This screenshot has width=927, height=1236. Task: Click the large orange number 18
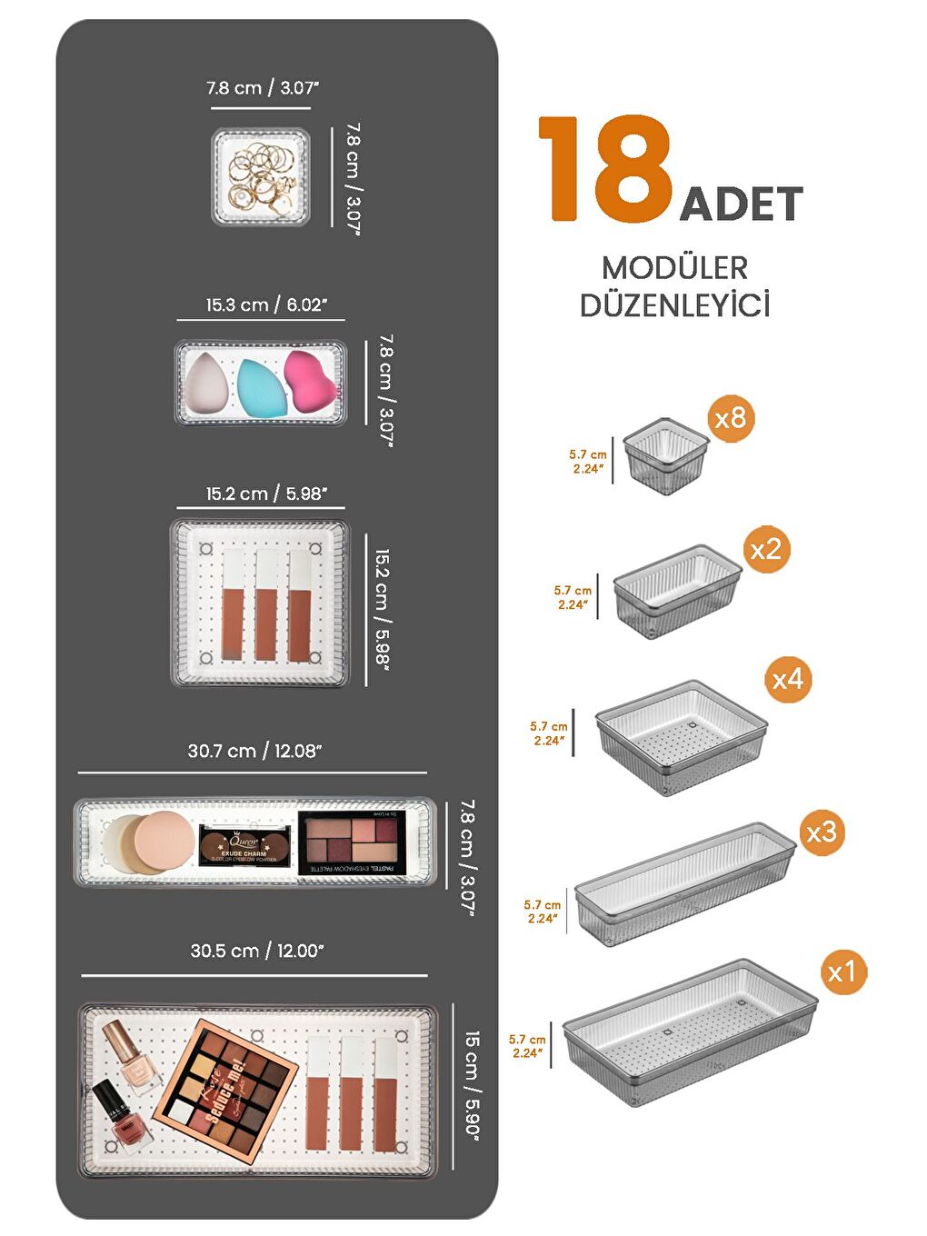pos(605,169)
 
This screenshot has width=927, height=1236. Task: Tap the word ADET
pos(741,204)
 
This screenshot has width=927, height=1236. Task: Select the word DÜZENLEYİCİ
pos(674,304)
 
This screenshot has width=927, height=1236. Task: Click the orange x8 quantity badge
pos(731,418)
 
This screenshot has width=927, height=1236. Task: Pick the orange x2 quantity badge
pos(765,549)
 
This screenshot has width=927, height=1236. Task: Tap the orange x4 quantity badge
pos(787,679)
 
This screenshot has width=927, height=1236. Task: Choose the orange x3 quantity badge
pos(822,832)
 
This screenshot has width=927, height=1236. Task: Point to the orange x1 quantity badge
pos(842,972)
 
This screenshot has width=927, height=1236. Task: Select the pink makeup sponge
pos(311,382)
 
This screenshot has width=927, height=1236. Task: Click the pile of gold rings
pos(262,176)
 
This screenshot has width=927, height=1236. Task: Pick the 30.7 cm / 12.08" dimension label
pos(254,752)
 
